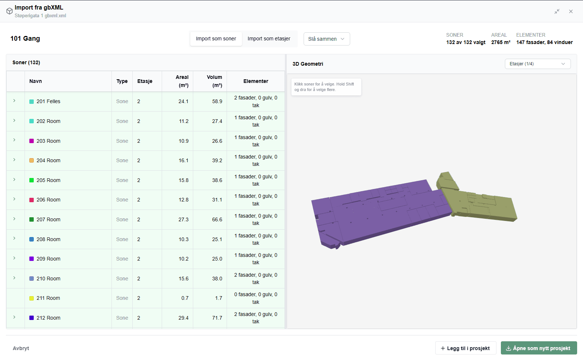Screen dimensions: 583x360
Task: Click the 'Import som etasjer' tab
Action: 269,39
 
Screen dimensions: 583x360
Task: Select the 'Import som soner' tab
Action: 216,39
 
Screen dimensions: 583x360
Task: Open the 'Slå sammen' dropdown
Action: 327,39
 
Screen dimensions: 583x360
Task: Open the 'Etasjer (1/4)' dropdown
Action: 538,64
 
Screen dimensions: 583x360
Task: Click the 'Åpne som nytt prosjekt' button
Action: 539,348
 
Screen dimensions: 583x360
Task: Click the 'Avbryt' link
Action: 21,348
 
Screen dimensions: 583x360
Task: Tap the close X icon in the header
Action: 571,11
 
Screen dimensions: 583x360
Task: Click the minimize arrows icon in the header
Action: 557,11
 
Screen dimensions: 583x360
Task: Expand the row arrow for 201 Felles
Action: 14,101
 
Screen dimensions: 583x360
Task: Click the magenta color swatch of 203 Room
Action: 32,141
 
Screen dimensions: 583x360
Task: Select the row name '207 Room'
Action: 48,219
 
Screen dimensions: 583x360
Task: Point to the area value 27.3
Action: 183,219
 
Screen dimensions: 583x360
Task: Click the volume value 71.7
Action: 217,318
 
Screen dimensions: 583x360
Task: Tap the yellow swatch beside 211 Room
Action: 32,298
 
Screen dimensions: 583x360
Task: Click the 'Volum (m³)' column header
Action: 214,81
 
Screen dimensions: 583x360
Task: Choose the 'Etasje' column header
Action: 145,81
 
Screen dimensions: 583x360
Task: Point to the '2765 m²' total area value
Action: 501,42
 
